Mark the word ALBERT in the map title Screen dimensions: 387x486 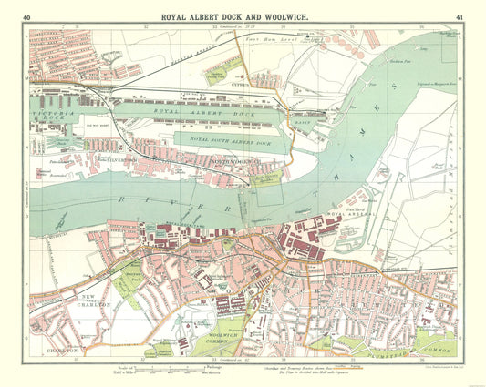point(207,16)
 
